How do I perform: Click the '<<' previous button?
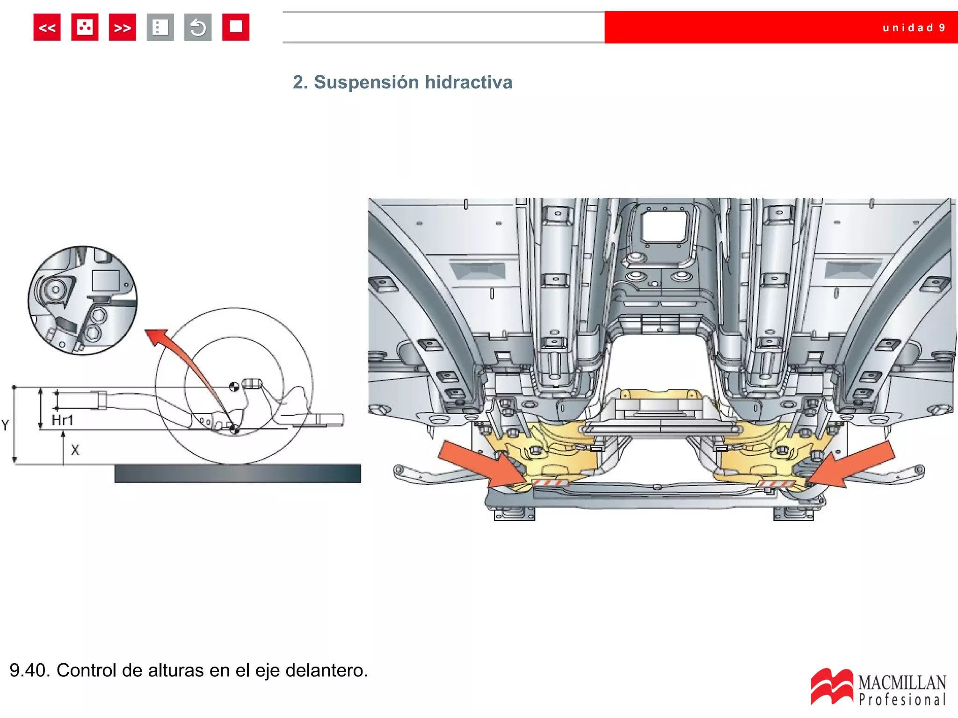click(47, 28)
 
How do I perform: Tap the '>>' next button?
click(122, 28)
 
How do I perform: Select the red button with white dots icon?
click(85, 28)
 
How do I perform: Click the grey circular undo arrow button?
click(198, 28)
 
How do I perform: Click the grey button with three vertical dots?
click(160, 28)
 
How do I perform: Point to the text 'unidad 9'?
click(913, 28)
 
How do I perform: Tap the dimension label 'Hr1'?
click(62, 420)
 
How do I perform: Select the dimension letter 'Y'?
click(5, 425)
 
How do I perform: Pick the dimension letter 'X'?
click(75, 450)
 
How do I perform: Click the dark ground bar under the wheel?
click(238, 473)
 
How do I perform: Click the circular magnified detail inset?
click(82, 301)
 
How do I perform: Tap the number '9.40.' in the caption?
click(29, 670)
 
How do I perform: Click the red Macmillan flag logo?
click(831, 686)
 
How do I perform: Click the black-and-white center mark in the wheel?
click(234, 387)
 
